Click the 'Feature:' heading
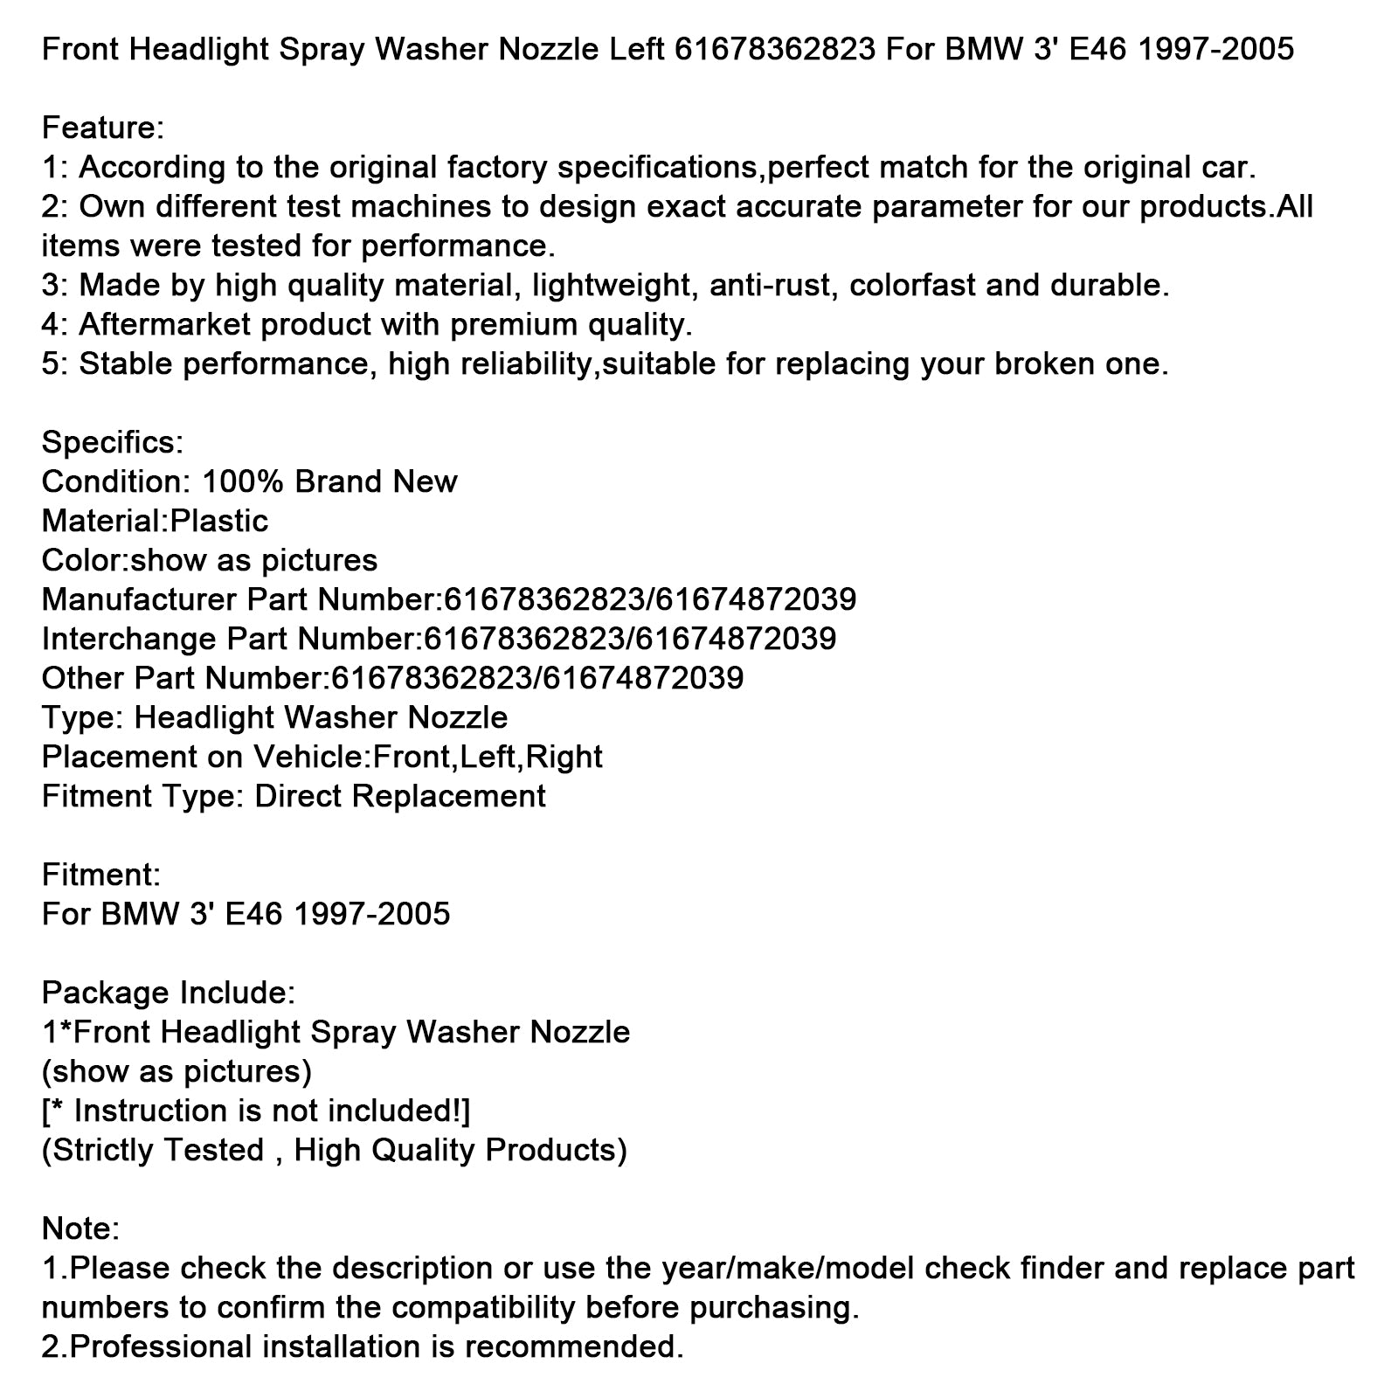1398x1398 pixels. click(x=102, y=128)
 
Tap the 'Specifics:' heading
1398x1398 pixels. click(x=112, y=443)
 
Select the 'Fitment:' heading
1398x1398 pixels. click(x=100, y=875)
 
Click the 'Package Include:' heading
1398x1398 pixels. click(x=169, y=993)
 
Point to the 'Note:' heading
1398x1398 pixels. click(x=80, y=1229)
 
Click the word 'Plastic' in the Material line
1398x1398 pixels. click(x=218, y=522)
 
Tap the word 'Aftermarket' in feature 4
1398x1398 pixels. click(x=165, y=325)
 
